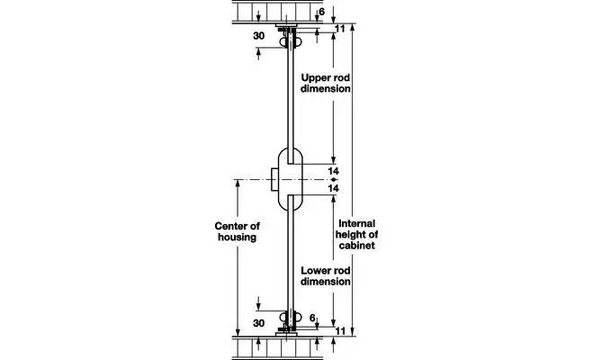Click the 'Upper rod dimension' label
click(325, 83)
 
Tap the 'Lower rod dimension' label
click(325, 276)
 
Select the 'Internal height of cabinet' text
click(356, 235)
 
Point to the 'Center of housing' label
click(238, 232)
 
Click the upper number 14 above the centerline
click(333, 171)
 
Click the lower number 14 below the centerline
click(333, 188)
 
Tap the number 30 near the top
click(258, 36)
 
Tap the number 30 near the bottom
click(258, 323)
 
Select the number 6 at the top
click(321, 12)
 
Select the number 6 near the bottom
click(312, 318)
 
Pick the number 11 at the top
click(340, 29)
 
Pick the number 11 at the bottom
click(340, 331)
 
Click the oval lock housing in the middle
click(291, 179)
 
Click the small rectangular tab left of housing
click(274, 179)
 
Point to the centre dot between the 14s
click(333, 180)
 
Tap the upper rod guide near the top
click(290, 40)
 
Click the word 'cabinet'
click(356, 246)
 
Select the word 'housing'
click(238, 238)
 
